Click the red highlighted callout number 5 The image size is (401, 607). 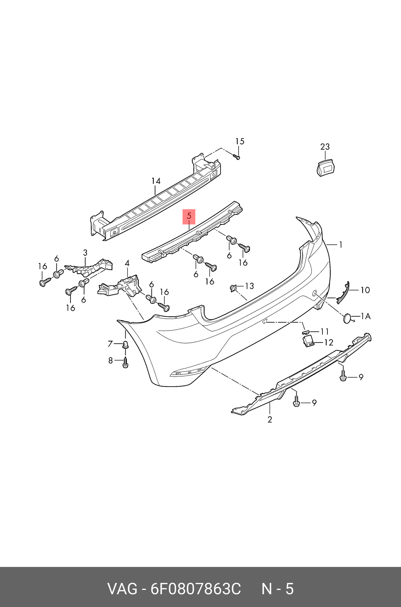click(x=189, y=216)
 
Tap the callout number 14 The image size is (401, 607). click(x=156, y=181)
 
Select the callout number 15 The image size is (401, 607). click(x=240, y=141)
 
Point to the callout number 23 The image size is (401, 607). click(x=325, y=147)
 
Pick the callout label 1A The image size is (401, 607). click(x=366, y=316)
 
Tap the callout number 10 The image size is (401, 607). click(x=365, y=290)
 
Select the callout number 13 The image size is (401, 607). click(x=249, y=286)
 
